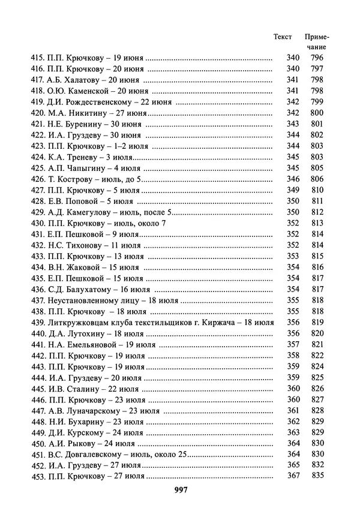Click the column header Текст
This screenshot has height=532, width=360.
point(283,37)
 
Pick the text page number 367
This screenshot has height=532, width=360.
point(293,476)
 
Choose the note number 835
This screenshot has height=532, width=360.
point(317,476)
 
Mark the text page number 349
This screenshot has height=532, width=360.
point(293,191)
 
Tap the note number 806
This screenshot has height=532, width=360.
point(317,179)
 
